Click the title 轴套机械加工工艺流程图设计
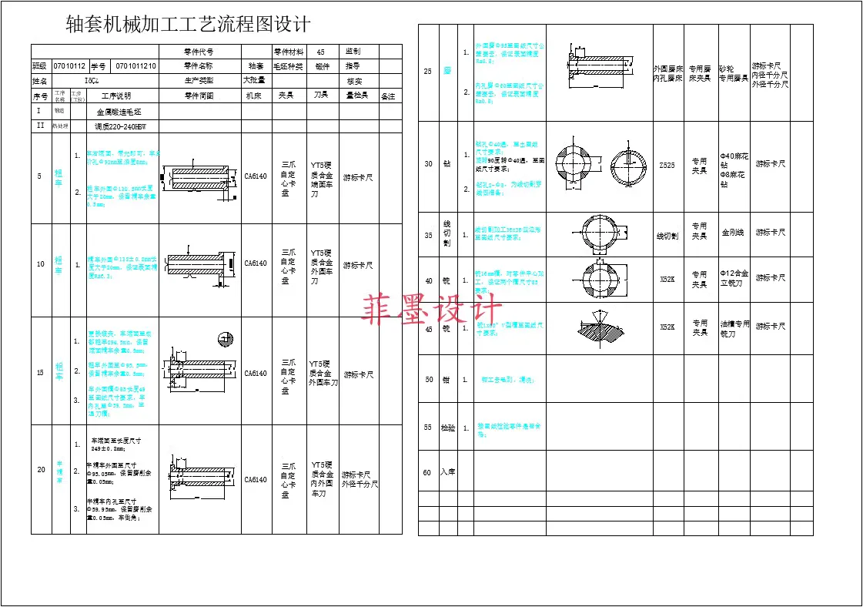coord(189,25)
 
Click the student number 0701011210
coord(135,66)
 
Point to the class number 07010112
coord(69,66)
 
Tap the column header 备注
coord(388,96)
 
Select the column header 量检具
coord(356,96)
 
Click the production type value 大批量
coord(254,80)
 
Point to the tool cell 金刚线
coord(733,232)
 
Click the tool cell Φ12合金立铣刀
coord(734,278)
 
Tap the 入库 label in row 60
coord(448,472)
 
